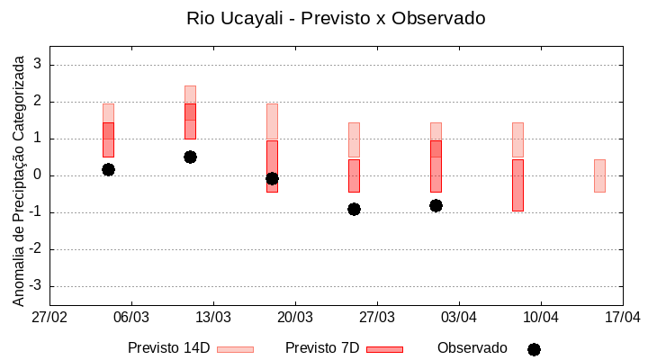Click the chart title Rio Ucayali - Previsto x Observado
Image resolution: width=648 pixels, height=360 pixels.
(x=323, y=18)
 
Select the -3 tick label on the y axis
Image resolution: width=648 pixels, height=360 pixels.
(x=36, y=286)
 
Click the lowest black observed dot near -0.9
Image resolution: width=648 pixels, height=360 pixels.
(x=354, y=209)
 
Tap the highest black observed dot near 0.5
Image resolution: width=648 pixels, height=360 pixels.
(x=190, y=157)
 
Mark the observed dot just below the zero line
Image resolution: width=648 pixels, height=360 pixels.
(x=272, y=178)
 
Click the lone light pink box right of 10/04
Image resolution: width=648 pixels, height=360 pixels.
(x=599, y=175)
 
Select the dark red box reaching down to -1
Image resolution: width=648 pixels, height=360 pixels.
(x=517, y=184)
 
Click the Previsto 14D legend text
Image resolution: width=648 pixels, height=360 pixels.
(x=168, y=348)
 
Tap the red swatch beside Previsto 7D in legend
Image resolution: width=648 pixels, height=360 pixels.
(x=384, y=349)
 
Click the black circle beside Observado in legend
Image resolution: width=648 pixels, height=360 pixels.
(x=534, y=349)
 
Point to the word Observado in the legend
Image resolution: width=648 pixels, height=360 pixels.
(x=472, y=348)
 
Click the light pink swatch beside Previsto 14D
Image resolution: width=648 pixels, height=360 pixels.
(x=235, y=349)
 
